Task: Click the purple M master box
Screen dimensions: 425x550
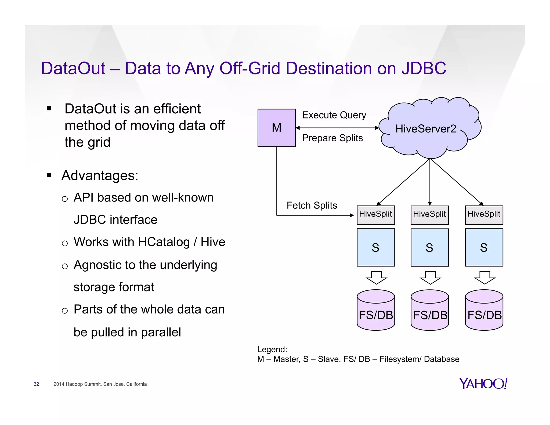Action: coord(276,128)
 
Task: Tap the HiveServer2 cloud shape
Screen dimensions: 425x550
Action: coord(430,128)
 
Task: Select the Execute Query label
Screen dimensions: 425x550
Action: coord(334,115)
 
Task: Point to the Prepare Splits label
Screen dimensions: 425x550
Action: coord(332,138)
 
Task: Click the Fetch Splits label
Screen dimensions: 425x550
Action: coord(312,205)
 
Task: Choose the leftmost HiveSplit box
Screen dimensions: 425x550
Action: coord(375,215)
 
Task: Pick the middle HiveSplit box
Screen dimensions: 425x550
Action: coord(429,215)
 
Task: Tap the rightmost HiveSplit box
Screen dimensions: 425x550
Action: coord(484,215)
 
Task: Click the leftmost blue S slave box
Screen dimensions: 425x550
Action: coord(375,247)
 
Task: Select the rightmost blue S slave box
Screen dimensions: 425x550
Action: coord(484,247)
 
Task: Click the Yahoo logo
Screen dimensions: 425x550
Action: coord(483,384)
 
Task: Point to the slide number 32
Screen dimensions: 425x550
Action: coord(36,384)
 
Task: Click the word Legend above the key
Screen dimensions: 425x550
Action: coord(272,349)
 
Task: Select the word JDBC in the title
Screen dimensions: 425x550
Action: coord(424,68)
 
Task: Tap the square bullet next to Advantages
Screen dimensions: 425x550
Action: coord(49,175)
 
